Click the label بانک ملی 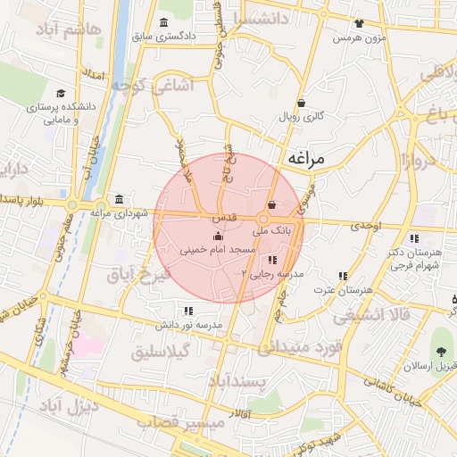coord(272,231)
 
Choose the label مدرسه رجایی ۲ coord(268,273)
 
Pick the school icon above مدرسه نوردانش coord(187,311)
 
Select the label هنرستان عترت coord(343,290)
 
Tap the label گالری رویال coord(301,117)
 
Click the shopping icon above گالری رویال coord(301,103)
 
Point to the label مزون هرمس coord(358,38)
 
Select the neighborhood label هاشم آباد coord(70,29)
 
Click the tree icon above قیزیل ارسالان coord(442,351)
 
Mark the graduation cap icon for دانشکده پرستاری coord(60,93)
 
